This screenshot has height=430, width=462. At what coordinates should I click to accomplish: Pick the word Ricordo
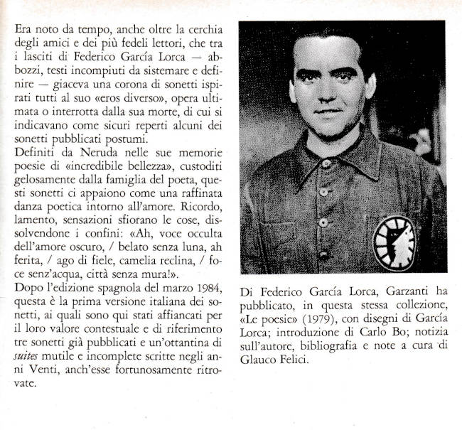tap(200, 206)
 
